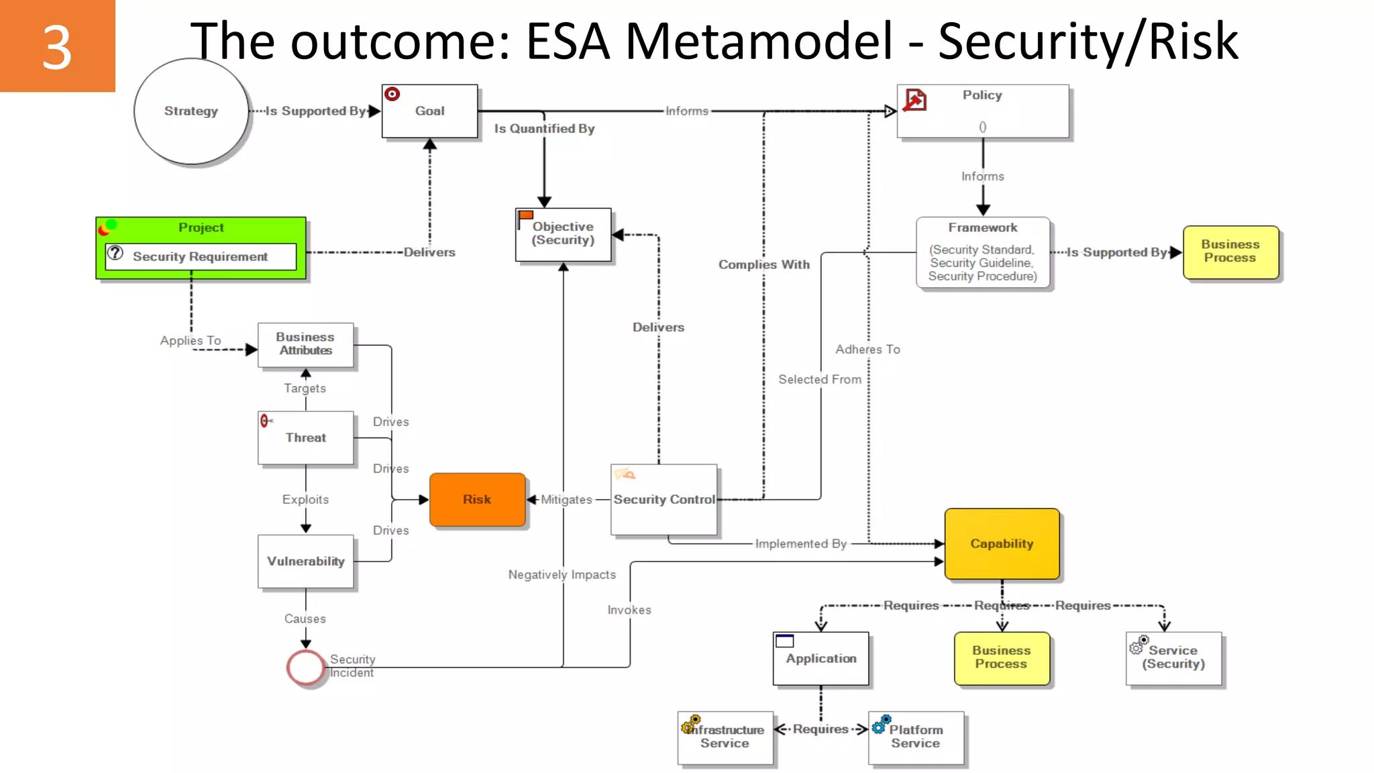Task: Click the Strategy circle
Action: coord(191,111)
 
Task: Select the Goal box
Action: coord(429,111)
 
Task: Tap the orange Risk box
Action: coord(477,500)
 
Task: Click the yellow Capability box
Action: coord(1002,544)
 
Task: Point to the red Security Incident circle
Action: coord(305,667)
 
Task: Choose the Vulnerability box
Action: coord(305,562)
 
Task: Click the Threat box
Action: coord(305,438)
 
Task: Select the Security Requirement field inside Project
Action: coord(200,257)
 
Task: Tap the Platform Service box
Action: coord(916,737)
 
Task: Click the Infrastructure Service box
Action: coord(725,737)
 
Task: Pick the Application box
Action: coord(821,659)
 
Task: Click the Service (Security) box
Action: coord(1173,658)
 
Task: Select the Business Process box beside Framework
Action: coord(1230,252)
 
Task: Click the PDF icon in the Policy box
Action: coord(915,100)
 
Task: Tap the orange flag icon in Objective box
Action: coord(525,216)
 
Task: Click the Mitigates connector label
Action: coord(566,500)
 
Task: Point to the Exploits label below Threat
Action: coord(305,500)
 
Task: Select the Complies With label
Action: coord(764,265)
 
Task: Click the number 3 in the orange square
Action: coord(57,47)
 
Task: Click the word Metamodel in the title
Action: coord(759,42)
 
